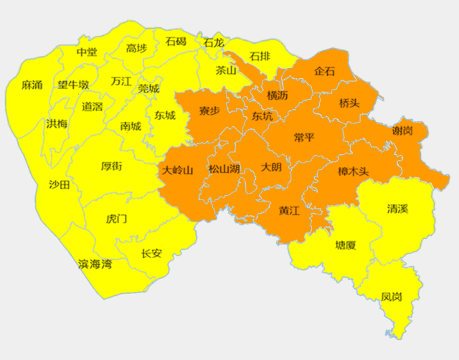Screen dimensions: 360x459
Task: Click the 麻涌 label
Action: pos(32,85)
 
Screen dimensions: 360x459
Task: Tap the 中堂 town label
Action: pos(87,52)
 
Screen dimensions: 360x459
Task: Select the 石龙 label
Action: pos(213,43)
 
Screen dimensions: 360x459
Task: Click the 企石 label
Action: pos(325,72)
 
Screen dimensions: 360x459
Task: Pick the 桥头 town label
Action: pos(349,103)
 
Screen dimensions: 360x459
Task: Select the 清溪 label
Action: pos(397,209)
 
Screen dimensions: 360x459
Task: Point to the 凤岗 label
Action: pos(392,295)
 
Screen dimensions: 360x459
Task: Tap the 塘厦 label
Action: pos(346,245)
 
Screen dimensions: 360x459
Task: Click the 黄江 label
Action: pos(290,211)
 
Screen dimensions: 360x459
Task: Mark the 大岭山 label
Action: pos(178,171)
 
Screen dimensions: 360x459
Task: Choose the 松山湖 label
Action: pos(224,169)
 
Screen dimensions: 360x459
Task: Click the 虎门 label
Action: pos(116,218)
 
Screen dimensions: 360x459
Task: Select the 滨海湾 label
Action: pos(95,265)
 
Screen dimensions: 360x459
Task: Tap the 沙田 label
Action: pos(60,185)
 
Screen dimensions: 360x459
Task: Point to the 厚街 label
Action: pos(111,166)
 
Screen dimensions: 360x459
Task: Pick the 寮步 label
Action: pos(209,111)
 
